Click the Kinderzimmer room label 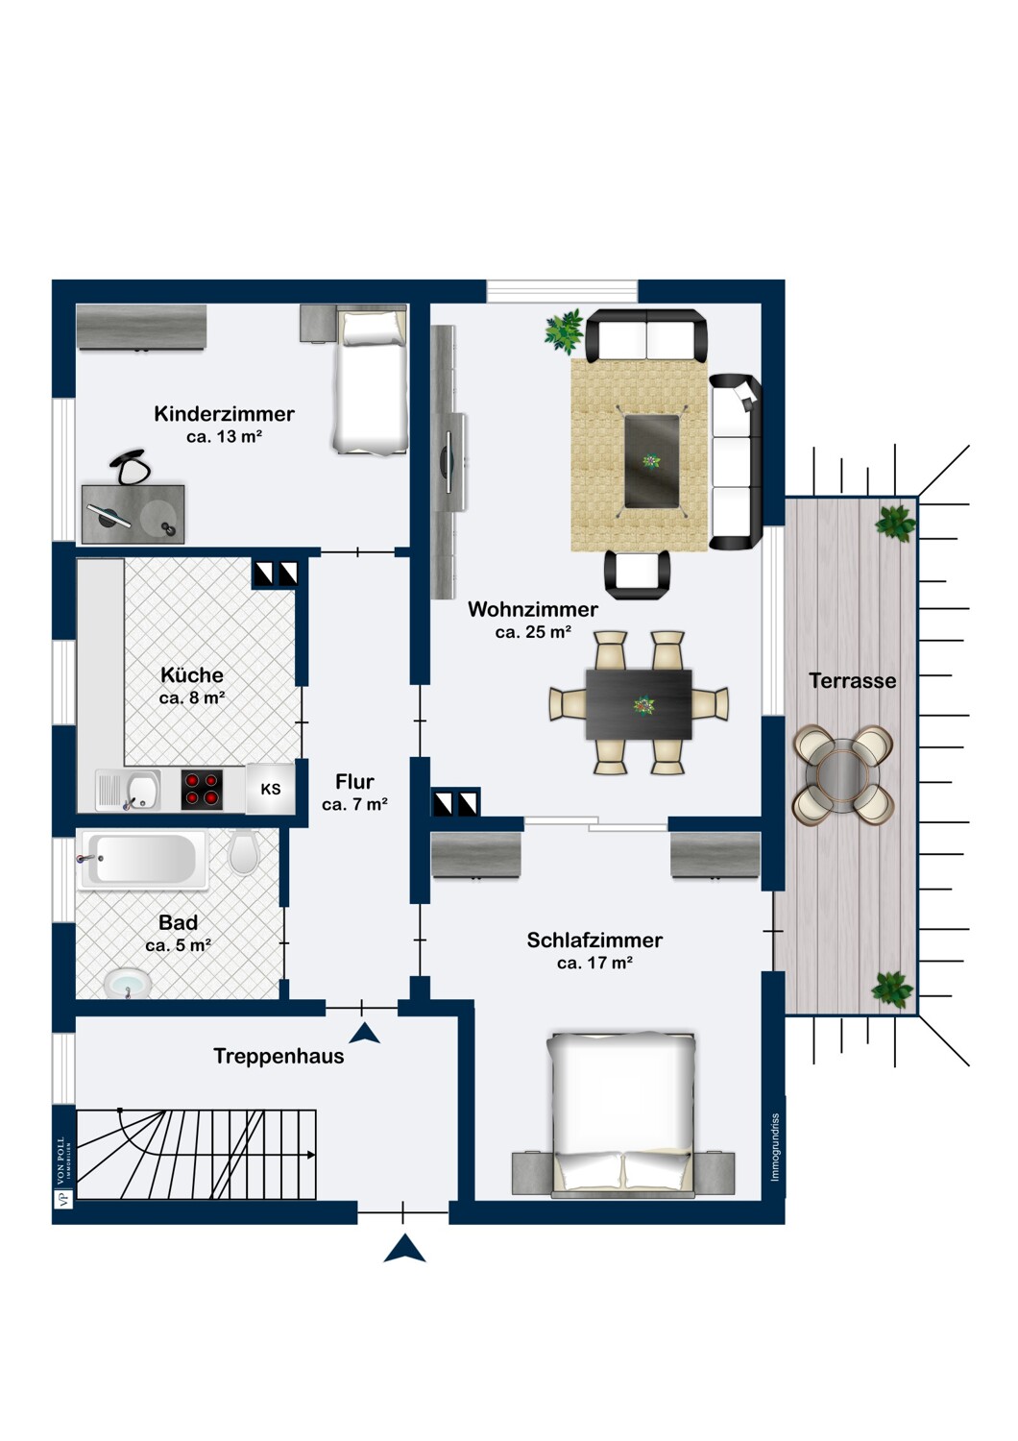click(224, 414)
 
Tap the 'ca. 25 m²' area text click(533, 632)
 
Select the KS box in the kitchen click(271, 789)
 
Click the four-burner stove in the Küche click(202, 790)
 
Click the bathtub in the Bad click(143, 859)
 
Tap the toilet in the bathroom click(244, 851)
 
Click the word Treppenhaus click(279, 1057)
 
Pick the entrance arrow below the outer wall click(404, 1249)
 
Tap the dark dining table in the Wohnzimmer click(639, 704)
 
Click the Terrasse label click(852, 681)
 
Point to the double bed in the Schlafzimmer click(622, 1114)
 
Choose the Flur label click(354, 782)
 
